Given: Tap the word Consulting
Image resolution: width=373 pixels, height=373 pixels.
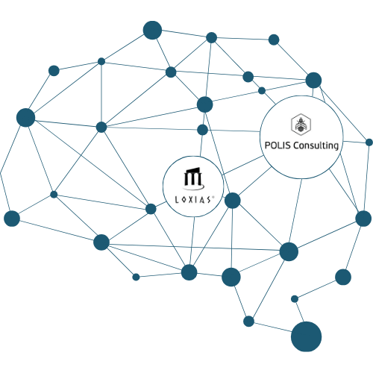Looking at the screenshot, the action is tap(316, 145).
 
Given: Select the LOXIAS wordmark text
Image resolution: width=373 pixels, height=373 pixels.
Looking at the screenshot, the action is tap(194, 200).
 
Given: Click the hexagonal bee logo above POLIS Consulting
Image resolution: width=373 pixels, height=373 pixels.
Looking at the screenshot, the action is tap(301, 125).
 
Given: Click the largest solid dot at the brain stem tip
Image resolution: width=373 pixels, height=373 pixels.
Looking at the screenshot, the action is tap(306, 336).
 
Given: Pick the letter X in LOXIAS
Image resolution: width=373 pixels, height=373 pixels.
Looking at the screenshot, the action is tap(190, 200).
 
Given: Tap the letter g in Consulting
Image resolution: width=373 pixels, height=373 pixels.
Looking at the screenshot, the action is tap(335, 146).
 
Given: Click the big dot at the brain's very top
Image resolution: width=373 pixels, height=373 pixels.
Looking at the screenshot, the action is tap(152, 30).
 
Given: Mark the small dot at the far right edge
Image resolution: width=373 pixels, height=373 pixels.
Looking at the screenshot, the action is tap(369, 142).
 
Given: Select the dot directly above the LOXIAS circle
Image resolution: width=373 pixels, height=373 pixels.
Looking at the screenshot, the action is tap(202, 130).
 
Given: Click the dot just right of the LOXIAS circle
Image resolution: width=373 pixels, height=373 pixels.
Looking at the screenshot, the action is tap(233, 201).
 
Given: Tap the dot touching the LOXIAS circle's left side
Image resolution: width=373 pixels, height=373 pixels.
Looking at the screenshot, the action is tap(151, 209).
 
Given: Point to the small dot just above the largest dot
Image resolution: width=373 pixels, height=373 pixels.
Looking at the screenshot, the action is tap(295, 299).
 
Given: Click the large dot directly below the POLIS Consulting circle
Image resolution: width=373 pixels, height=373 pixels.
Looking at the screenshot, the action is tap(289, 251).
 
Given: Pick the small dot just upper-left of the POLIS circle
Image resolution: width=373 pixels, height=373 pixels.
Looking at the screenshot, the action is tap(262, 90).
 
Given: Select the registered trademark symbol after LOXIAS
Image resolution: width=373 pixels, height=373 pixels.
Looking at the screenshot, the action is tap(213, 197).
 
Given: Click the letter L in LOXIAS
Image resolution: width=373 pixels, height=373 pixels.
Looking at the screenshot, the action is tap(177, 200).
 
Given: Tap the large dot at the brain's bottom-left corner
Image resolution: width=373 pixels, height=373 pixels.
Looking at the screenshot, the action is tap(12, 219).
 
